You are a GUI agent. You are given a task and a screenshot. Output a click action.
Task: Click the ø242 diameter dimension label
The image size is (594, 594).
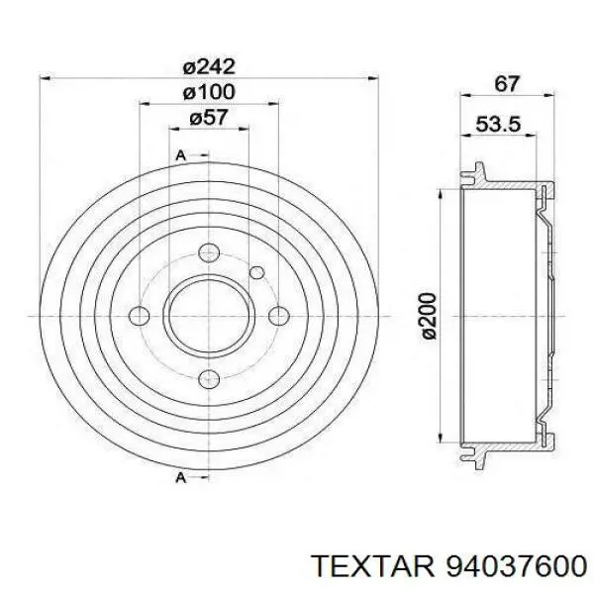209,68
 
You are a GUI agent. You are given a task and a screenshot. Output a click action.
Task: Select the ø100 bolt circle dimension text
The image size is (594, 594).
209,92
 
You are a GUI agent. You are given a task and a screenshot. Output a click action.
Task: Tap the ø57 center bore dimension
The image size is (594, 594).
209,118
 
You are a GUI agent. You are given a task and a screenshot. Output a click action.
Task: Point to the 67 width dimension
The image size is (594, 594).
507,84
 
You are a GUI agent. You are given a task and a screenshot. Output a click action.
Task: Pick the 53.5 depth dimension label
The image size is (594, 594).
498,125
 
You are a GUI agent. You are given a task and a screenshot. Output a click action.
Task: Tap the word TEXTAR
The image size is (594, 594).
373,567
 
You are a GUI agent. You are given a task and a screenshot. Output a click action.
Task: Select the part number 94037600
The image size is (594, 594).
517,567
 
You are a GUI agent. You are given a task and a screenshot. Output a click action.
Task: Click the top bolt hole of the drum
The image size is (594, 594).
209,253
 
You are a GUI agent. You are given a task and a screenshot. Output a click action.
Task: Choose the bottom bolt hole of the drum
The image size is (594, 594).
209,379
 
